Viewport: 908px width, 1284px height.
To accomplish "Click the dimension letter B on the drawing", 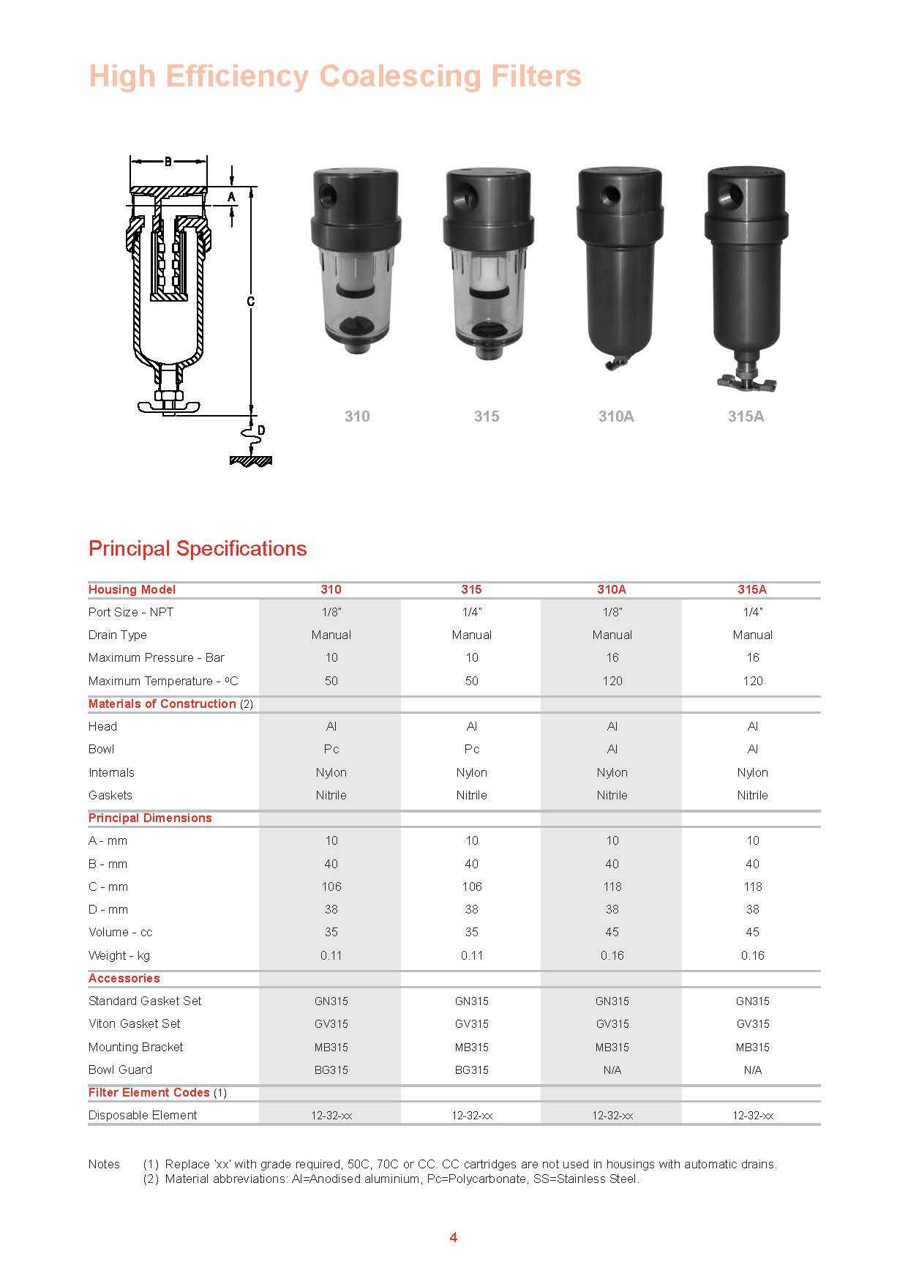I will [x=168, y=161].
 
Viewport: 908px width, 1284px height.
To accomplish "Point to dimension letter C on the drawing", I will [x=251, y=301].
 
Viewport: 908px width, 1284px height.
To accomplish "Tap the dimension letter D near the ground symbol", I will [x=261, y=430].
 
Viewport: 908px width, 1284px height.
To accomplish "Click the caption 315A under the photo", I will [x=746, y=417].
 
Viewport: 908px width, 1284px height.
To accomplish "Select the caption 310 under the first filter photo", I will [x=357, y=417].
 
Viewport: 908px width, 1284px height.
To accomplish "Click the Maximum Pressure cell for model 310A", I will [x=612, y=657].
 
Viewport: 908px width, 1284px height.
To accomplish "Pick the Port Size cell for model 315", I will [x=472, y=612].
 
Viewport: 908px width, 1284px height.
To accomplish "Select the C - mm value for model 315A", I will [x=753, y=887].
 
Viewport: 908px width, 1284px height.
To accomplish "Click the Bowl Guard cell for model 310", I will [x=331, y=1070].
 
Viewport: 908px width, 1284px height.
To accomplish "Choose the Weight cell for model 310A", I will [x=612, y=955].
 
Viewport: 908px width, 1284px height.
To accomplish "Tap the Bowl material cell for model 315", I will [x=472, y=749].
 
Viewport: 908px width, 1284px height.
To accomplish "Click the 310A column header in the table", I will [x=612, y=589].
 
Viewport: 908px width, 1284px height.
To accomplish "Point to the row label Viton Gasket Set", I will [x=135, y=1023].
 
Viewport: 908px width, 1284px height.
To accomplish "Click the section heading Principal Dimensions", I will [x=150, y=818].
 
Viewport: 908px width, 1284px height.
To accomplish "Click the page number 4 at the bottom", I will [x=454, y=1237].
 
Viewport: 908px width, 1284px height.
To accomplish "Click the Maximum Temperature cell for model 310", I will [x=331, y=681].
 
